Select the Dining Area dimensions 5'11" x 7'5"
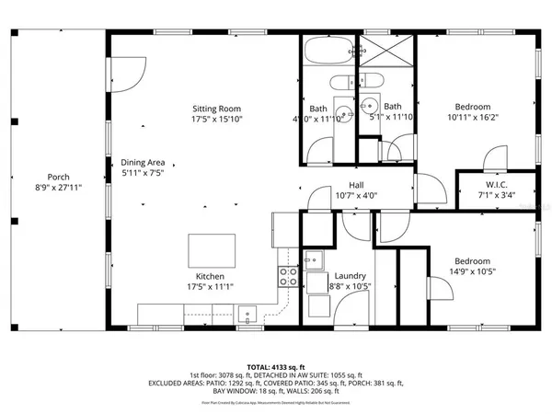[144, 172]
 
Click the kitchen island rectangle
[210, 249]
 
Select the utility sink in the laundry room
[315, 260]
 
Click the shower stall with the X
[387, 49]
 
